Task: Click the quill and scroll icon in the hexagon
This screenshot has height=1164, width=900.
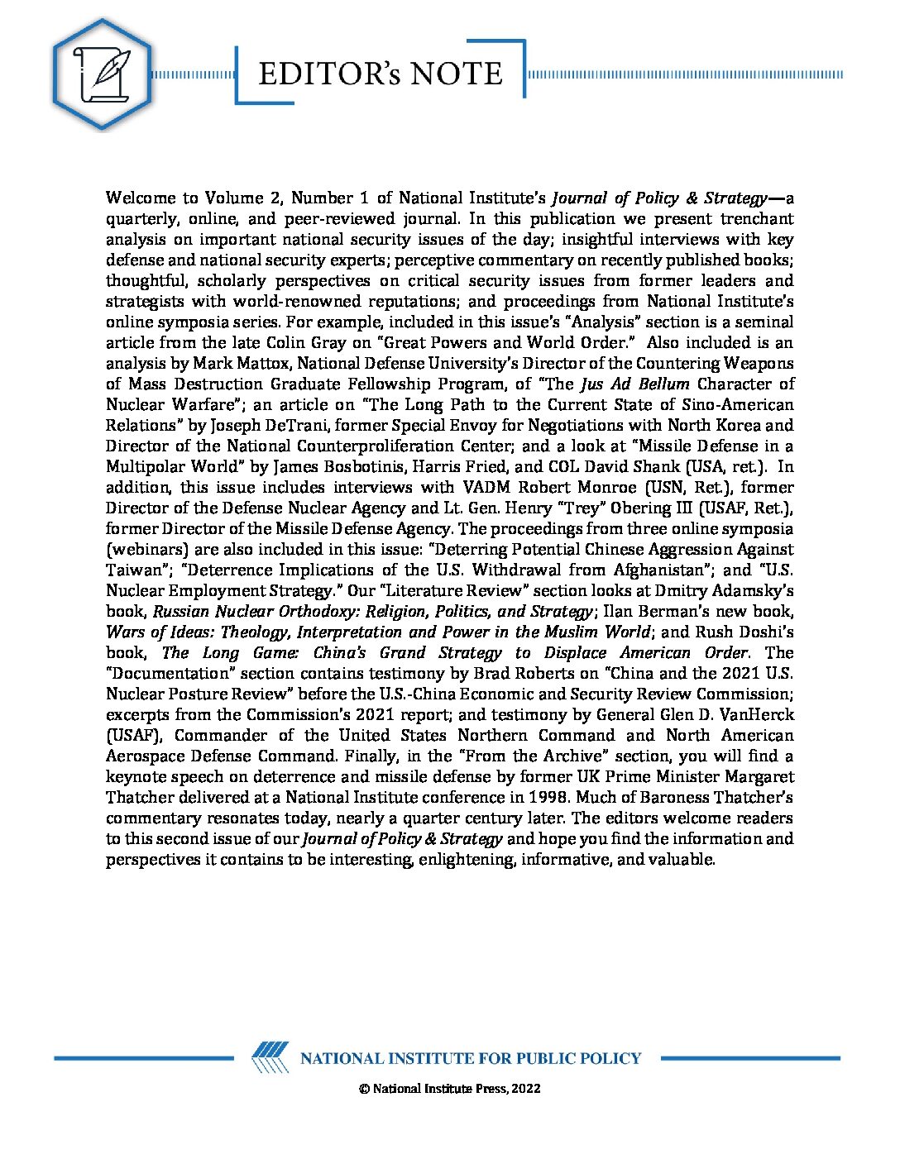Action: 102,74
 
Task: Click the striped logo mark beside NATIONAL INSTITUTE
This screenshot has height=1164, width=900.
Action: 270,1057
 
